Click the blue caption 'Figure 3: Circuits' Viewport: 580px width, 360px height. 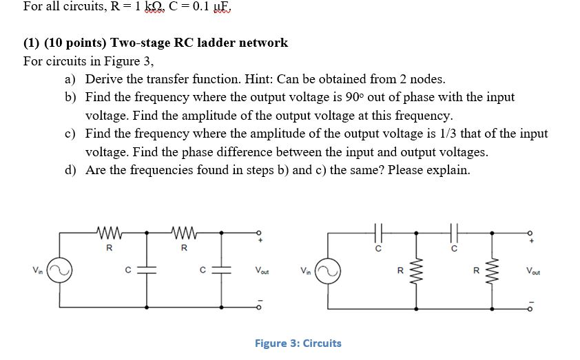(298, 343)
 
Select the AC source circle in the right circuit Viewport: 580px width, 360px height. (327, 271)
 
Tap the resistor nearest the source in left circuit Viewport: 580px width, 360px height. (110, 231)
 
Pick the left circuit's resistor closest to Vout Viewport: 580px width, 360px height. (184, 231)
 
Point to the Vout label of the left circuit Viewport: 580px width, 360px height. (262, 271)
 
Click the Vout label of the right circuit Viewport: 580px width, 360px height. (534, 271)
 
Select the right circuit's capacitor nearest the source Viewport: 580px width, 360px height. (378, 231)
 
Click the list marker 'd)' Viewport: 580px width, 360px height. (71, 169)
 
